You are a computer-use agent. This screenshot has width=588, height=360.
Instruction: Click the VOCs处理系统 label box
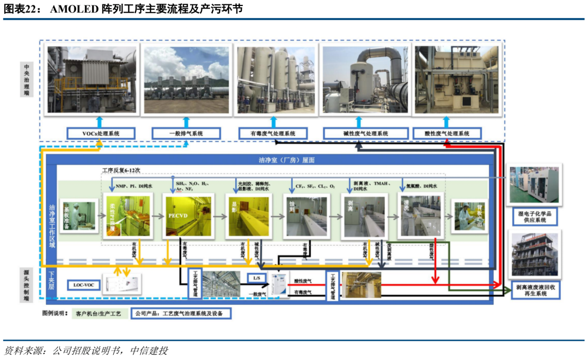(101, 133)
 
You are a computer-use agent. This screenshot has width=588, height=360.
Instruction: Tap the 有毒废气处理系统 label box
(273, 133)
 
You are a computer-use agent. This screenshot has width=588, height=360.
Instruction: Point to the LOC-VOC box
(84, 284)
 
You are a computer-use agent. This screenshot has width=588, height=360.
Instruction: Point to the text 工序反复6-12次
(121, 170)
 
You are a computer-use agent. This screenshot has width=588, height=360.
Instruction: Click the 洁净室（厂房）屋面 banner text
(286, 160)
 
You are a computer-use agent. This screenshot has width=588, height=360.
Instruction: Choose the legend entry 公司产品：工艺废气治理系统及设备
(181, 314)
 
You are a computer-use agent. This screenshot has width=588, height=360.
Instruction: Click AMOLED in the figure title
(74, 9)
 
